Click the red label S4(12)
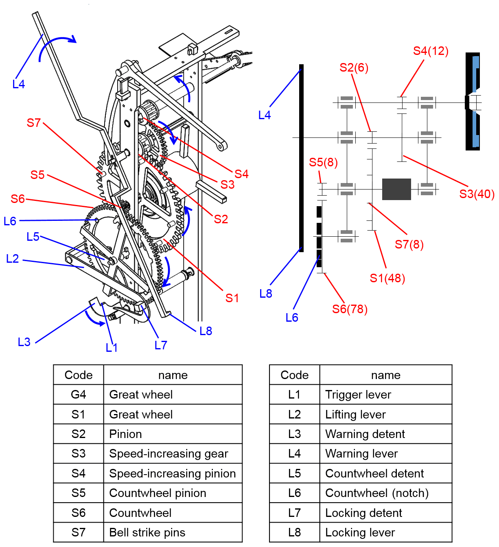(x=431, y=51)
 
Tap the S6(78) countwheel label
(x=350, y=309)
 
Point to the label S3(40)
(x=477, y=194)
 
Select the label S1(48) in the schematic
(x=387, y=278)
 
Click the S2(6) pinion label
(x=354, y=68)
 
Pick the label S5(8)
(x=323, y=162)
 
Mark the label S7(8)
(x=409, y=244)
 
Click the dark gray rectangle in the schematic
(x=396, y=189)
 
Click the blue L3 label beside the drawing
(x=24, y=342)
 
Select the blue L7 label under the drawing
(x=161, y=345)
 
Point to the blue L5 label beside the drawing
(x=33, y=237)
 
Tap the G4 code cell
(x=79, y=394)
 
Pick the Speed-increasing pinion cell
(x=173, y=473)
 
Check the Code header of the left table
(x=79, y=375)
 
